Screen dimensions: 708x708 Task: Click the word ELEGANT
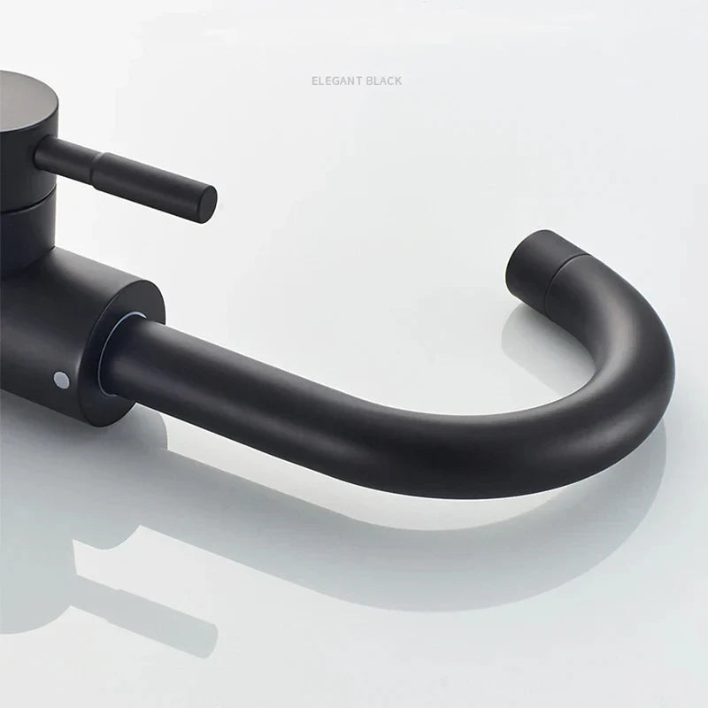click(334, 81)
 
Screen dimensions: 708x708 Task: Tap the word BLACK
click(381, 81)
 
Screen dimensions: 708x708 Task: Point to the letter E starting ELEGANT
click(314, 81)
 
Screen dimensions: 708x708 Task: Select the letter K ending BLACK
click(398, 81)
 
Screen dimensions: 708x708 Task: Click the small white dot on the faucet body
click(60, 380)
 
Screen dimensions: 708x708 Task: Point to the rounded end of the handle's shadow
click(208, 633)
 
